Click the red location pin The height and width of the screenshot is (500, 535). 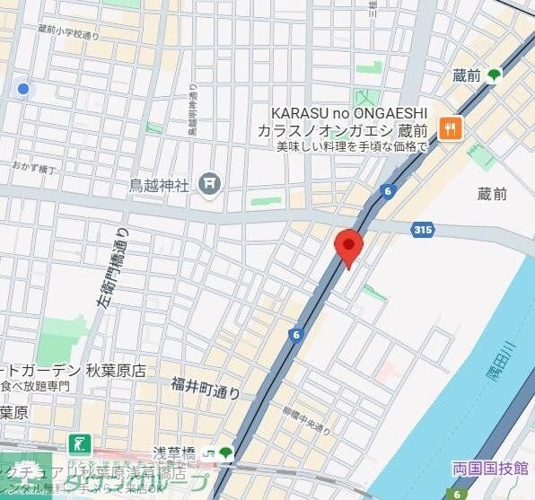[348, 246]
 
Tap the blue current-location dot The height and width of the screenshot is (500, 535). [23, 89]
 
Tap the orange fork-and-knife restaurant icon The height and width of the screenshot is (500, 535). [450, 129]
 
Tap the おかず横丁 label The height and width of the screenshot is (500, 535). [34, 167]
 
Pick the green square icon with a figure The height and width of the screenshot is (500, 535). [79, 442]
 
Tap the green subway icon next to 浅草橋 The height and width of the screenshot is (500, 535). [225, 452]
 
